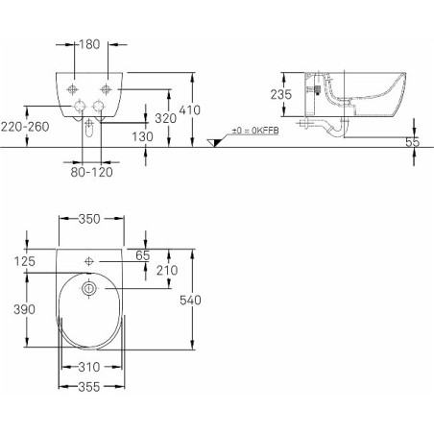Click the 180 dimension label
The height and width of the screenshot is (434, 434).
pos(89,44)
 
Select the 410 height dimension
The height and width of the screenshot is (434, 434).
pos(189,110)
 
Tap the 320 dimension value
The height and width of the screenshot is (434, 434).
pos(166,118)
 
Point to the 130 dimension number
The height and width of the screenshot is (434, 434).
pos(143,136)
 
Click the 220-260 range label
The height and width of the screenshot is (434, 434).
pos(25,127)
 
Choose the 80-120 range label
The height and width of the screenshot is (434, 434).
pos(91,172)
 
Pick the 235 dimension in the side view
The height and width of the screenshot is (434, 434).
pos(281,94)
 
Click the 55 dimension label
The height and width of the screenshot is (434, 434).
pos(412,142)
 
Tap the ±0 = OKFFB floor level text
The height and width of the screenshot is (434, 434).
pos(255,131)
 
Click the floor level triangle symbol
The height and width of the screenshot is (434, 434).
pos(215,143)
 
